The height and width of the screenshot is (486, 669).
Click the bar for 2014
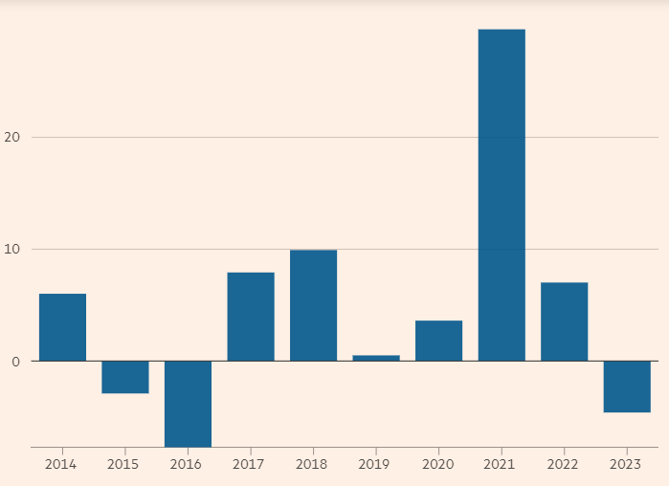pos(62,327)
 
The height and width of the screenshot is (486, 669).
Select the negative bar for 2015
pos(125,377)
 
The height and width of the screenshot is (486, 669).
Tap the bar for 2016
pos(188,404)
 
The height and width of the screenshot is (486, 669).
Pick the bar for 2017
pos(251,317)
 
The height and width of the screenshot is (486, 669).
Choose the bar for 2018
pos(313,305)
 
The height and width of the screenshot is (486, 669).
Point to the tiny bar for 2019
pos(376,358)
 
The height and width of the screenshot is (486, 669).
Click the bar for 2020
pos(438,341)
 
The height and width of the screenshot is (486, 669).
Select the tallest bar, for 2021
pos(502,195)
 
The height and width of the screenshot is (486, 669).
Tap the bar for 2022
pos(564,321)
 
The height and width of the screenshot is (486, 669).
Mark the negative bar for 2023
pos(627,387)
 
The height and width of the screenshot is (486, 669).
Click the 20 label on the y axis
pos(12,137)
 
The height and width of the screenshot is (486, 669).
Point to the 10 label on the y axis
pos(12,250)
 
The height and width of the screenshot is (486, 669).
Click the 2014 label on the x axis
pos(60,464)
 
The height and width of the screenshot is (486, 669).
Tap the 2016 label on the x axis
pos(186,464)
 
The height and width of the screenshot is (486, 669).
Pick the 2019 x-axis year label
pos(375,464)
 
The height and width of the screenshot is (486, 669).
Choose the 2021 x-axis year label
pos(501,464)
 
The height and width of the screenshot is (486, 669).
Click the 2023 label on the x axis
pos(626,464)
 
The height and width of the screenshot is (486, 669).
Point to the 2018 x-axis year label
pos(312,464)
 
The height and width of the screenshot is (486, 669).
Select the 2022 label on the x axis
pos(564,464)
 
